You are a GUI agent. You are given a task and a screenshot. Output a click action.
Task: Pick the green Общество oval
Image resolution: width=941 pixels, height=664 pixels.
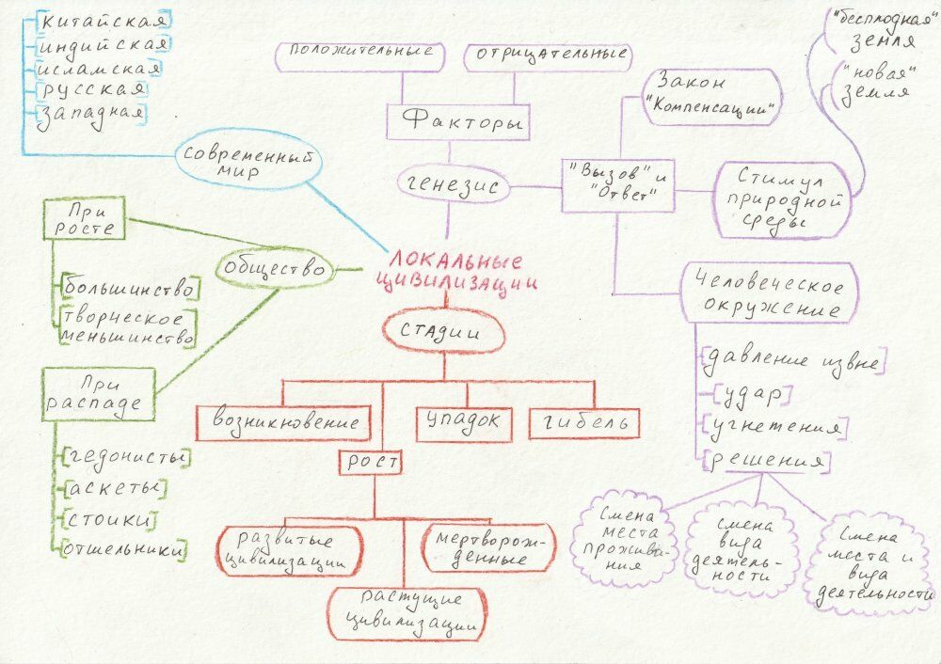point(277,271)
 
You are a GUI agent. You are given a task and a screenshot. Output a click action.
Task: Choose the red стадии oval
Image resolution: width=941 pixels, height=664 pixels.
point(441,332)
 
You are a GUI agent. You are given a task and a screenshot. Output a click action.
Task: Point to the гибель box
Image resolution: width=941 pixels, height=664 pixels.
point(584,423)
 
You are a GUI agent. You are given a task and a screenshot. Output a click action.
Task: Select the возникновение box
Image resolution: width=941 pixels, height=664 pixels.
point(283,421)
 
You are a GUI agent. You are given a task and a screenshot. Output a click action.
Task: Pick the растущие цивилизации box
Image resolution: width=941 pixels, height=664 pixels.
point(410,610)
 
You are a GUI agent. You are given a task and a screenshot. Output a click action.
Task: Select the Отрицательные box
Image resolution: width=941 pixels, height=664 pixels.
point(547,56)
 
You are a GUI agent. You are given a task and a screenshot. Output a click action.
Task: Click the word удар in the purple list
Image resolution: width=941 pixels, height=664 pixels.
point(752,394)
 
